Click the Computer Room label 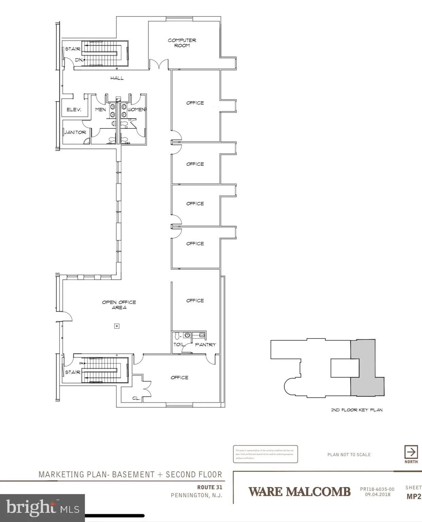point(182,43)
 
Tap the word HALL point(117,78)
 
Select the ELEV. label point(74,110)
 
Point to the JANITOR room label point(75,132)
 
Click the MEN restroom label point(101,110)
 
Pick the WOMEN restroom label point(137,110)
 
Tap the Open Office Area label point(119,305)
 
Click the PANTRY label point(206,345)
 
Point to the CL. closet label point(136,398)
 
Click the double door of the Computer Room point(159,64)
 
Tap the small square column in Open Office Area point(117,326)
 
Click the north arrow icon point(411,452)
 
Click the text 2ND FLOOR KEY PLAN point(357,410)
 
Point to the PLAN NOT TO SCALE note point(349,455)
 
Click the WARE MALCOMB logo point(299,492)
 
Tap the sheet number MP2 point(414,497)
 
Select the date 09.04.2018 point(377,495)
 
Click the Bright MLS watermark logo point(42,508)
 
